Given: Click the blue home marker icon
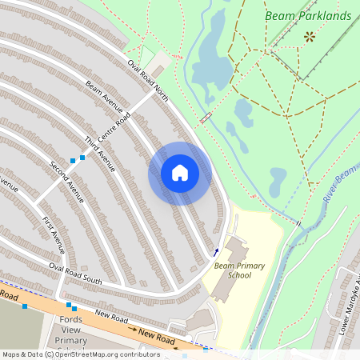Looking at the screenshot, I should pos(180,173).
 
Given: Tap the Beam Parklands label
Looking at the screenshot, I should pos(308,16).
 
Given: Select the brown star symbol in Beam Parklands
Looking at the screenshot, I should pos(309,36).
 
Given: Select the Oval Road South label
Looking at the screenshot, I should pos(75,273).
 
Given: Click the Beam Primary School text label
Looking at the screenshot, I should pos(234,270).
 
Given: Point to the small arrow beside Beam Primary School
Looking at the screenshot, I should pos(214,253).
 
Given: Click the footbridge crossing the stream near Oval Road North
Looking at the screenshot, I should pos(206,118).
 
